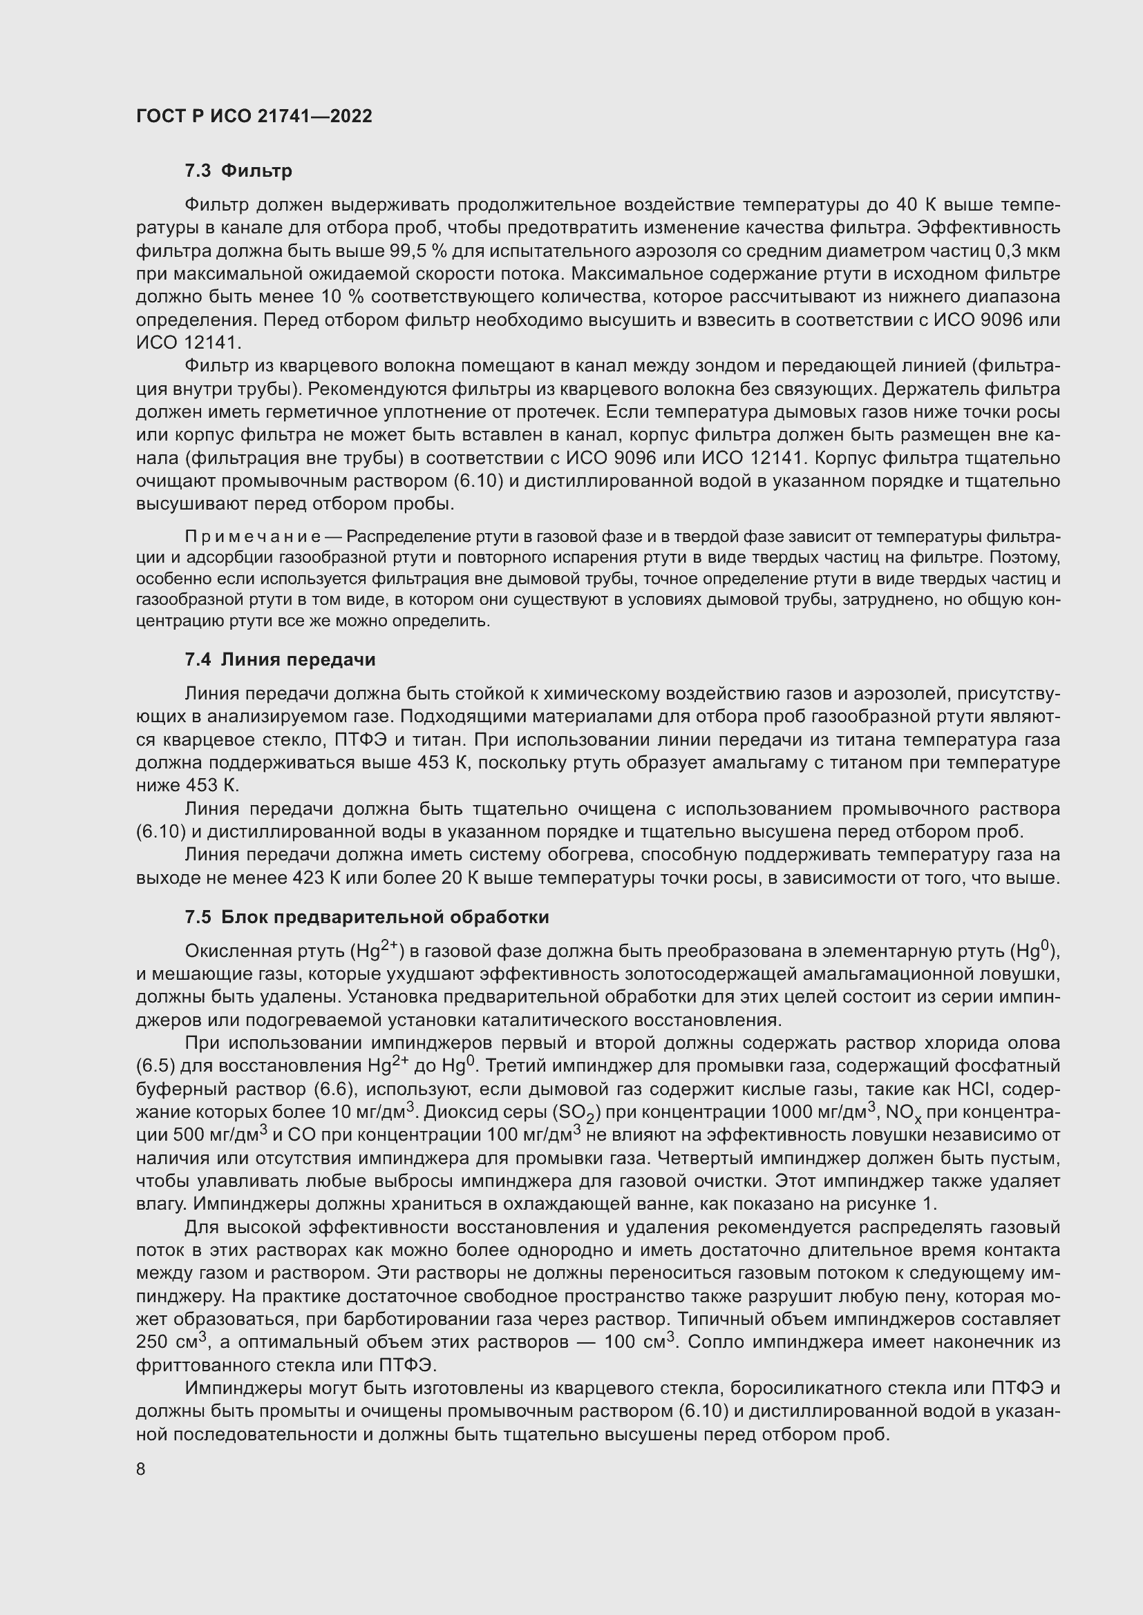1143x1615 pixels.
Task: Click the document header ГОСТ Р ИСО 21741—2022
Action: click(x=254, y=117)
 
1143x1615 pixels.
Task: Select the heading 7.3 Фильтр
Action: click(x=238, y=171)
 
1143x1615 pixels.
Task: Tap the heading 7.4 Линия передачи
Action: click(x=279, y=660)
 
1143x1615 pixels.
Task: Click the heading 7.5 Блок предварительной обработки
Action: click(x=366, y=917)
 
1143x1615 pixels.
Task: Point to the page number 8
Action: click(x=141, y=1469)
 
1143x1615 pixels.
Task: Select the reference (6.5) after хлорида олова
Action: click(x=155, y=1066)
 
